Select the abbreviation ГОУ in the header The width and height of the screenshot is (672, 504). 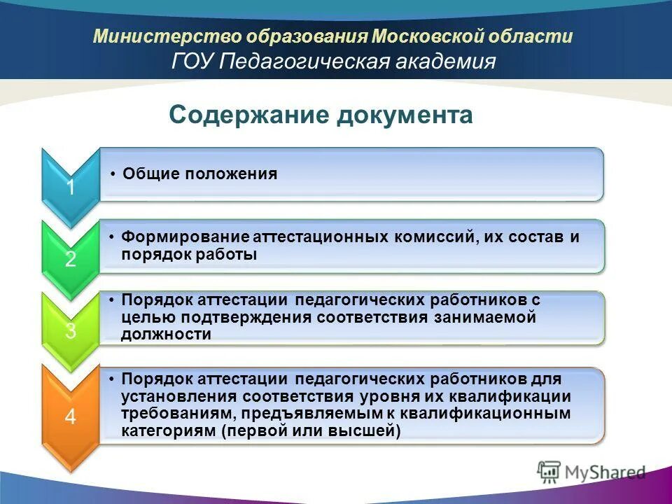192,62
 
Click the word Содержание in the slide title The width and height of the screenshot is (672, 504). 248,115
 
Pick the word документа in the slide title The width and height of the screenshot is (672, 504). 405,115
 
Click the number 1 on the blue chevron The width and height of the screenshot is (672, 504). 71,188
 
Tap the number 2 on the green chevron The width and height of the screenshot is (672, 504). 71,260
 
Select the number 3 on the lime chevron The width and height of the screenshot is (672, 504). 71,331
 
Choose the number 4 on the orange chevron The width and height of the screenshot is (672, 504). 71,417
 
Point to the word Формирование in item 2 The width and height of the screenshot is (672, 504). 181,237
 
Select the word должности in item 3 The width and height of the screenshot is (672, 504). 166,335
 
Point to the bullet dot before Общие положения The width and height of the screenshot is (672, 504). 113,174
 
